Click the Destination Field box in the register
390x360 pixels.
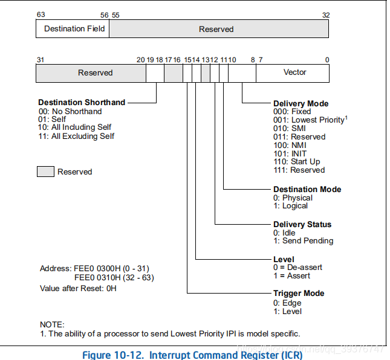[74, 29]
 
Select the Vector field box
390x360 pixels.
[294, 72]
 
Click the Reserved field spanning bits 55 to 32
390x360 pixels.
[216, 29]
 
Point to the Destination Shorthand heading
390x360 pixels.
[82, 102]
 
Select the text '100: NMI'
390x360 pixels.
[290, 145]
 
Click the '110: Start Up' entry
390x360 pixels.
[296, 162]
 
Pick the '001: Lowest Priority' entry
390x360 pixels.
[308, 120]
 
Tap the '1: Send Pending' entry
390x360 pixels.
[303, 240]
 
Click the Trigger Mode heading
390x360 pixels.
[299, 293]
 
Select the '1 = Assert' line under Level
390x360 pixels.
[291, 275]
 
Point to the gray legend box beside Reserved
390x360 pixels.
[45, 172]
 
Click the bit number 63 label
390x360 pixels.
[41, 14]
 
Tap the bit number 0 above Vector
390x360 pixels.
[327, 59]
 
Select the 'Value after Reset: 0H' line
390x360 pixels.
[78, 288]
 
